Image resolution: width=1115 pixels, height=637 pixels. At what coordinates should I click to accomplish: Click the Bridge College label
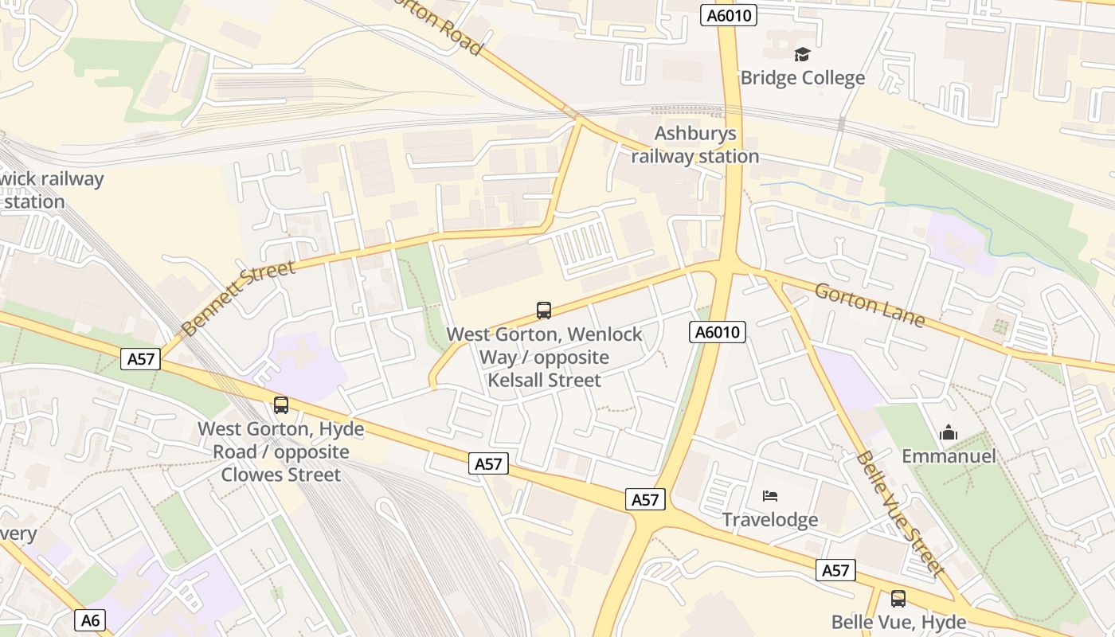(802, 78)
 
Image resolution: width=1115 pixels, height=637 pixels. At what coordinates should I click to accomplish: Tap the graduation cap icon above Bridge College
(802, 54)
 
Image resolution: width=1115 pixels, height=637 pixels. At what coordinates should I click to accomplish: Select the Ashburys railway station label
(694, 145)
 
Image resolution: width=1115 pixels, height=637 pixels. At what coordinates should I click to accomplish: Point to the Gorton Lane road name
(869, 304)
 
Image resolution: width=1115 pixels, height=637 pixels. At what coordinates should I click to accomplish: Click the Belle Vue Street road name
(899, 514)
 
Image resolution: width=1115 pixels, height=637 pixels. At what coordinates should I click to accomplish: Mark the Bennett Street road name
(237, 297)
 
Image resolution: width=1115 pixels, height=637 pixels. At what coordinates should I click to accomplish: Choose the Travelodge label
(769, 520)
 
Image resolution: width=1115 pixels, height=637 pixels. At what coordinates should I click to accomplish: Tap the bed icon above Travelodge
(769, 496)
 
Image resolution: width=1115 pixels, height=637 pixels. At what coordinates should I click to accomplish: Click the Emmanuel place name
(949, 456)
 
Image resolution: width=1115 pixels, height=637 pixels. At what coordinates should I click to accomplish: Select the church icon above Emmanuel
(949, 432)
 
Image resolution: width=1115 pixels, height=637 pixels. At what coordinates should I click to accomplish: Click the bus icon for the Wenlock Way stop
(544, 311)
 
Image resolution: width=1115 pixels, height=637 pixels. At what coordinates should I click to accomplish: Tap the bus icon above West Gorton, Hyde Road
(281, 405)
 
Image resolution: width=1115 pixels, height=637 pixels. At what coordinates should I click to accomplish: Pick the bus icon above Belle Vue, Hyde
(898, 598)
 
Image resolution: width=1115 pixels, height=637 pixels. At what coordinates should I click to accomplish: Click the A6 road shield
(91, 620)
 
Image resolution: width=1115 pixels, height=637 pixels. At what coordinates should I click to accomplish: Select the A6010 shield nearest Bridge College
(728, 15)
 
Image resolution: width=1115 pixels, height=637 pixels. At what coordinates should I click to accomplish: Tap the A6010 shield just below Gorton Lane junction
(717, 333)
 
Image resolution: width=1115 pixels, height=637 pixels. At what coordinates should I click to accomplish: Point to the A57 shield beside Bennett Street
(141, 359)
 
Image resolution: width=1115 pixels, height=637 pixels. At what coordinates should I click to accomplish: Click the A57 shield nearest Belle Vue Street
(835, 570)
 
